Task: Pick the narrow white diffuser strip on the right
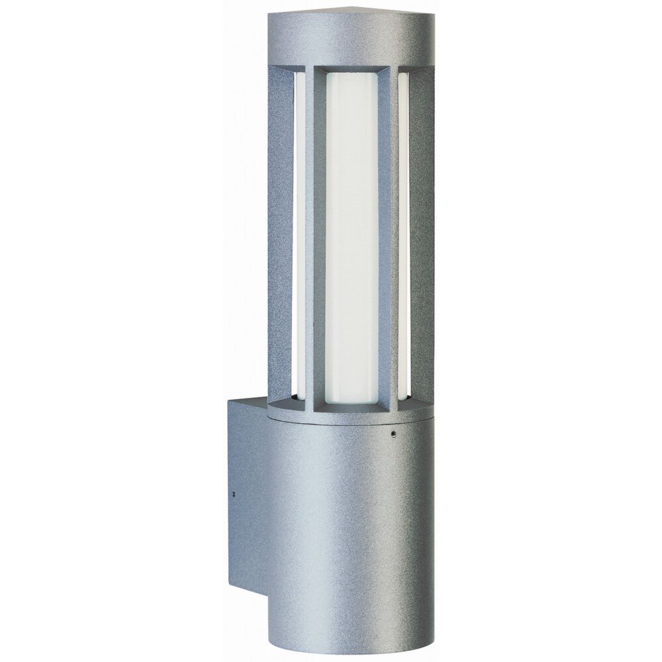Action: click(403, 238)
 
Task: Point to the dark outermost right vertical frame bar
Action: click(422, 238)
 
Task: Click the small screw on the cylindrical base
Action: click(393, 435)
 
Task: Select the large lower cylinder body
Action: click(344, 530)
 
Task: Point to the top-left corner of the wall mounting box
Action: click(229, 399)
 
